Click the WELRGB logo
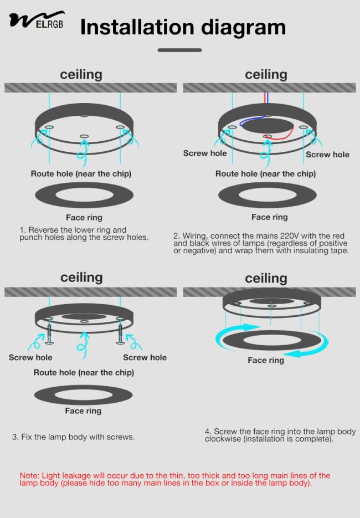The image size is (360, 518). [x=37, y=20]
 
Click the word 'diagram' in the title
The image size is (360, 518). [x=243, y=28]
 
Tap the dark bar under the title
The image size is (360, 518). [x=179, y=50]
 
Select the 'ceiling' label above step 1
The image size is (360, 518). [x=81, y=75]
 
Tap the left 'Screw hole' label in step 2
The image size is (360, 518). [x=205, y=153]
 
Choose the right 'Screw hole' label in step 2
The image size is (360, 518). [x=327, y=155]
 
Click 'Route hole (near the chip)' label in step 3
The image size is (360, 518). [x=84, y=373]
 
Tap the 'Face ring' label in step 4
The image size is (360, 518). [x=266, y=360]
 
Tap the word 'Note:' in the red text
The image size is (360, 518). [x=29, y=476]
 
